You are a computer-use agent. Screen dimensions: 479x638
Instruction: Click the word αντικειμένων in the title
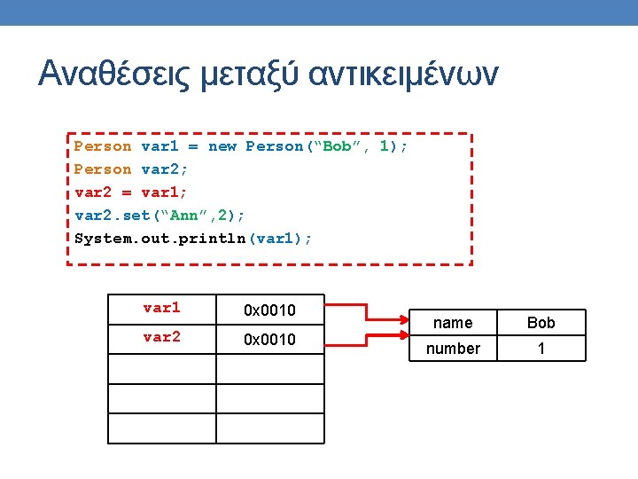click(404, 75)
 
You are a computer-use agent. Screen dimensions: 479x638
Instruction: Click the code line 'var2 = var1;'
click(130, 192)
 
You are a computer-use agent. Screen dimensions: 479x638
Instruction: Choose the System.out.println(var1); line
click(193, 238)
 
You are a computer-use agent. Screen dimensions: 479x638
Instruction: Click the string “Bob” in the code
click(338, 146)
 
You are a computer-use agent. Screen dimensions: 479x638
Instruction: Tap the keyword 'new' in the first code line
click(222, 146)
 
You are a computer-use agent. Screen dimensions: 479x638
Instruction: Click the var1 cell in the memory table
click(161, 309)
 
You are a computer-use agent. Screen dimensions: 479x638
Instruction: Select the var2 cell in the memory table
click(161, 338)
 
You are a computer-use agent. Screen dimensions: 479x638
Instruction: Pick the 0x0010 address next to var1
click(269, 310)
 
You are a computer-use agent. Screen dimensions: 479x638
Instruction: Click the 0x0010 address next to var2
click(269, 339)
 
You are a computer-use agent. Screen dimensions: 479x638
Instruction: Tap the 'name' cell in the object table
click(453, 323)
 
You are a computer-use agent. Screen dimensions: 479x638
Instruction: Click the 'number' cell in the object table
click(453, 349)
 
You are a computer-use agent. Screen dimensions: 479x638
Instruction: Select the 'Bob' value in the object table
click(541, 323)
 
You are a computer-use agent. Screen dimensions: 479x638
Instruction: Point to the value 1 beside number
click(541, 349)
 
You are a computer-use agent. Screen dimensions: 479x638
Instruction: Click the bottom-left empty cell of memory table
click(161, 428)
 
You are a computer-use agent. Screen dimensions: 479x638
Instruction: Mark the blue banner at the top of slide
click(319, 12)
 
